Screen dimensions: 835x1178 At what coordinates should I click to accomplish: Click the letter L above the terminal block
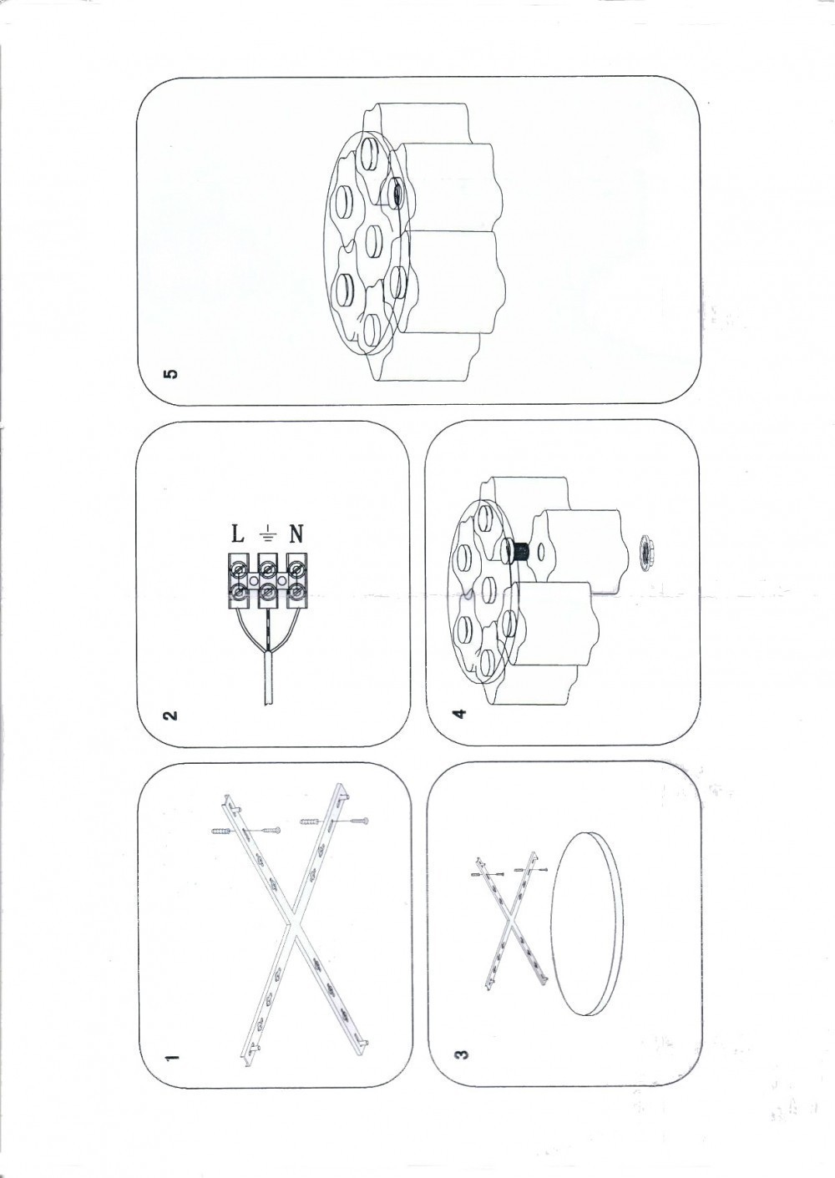click(238, 535)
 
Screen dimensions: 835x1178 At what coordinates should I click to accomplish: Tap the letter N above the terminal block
click(296, 535)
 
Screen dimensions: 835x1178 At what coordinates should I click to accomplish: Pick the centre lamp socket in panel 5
click(374, 240)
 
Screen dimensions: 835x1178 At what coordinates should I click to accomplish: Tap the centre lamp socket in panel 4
click(488, 592)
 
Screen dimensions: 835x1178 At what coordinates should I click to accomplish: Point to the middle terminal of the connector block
click(268, 581)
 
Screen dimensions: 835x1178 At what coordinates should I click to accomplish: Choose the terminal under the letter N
click(297, 581)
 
